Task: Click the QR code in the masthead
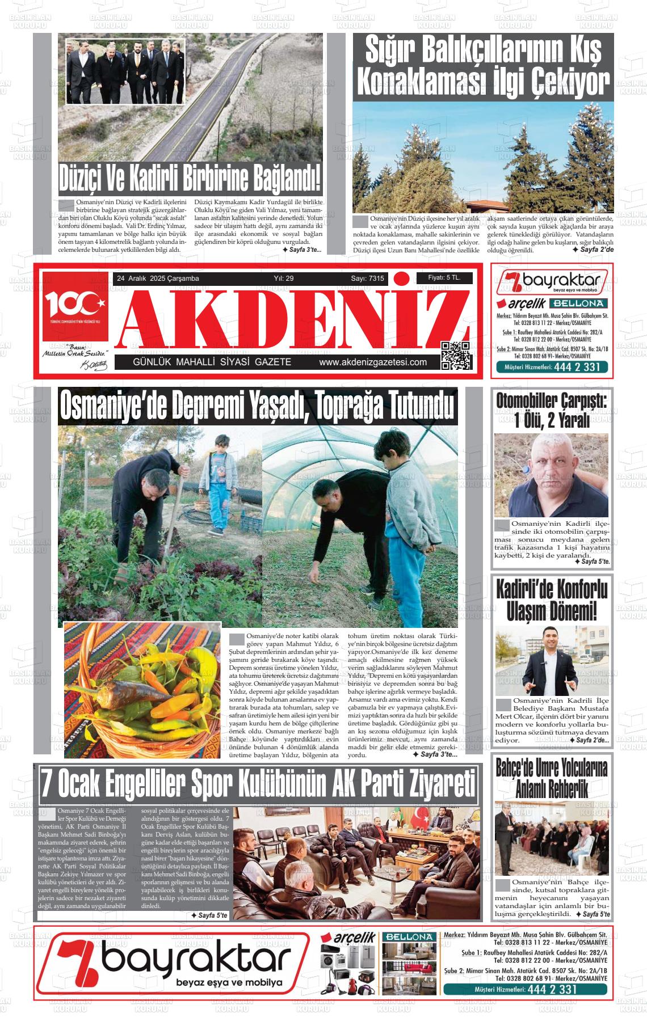[x=456, y=356]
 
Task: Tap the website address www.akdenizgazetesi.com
[x=372, y=362]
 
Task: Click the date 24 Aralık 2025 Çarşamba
[x=157, y=278]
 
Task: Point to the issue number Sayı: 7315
[x=367, y=278]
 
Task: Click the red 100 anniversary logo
[x=74, y=307]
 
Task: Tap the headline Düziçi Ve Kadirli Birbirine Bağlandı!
[x=190, y=178]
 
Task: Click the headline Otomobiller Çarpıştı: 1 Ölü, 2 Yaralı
[x=551, y=411]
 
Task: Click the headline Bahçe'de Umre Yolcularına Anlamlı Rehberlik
[x=551, y=778]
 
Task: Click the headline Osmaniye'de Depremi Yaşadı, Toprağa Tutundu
[x=258, y=406]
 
